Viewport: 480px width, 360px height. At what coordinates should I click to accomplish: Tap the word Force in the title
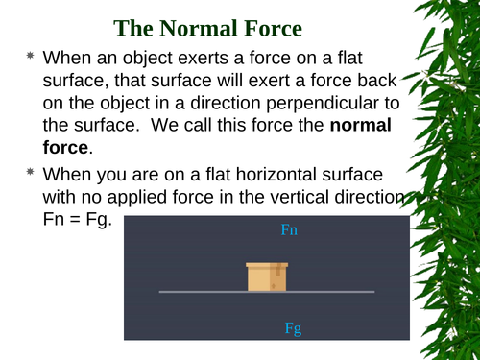pos(322,27)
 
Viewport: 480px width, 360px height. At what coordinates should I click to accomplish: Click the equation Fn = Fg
pos(77,220)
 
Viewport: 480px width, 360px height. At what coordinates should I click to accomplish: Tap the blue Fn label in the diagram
pos(290,230)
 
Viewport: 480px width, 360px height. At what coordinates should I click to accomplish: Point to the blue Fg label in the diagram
pos(294,328)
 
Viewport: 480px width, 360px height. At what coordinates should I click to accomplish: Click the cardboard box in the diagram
pos(267,276)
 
